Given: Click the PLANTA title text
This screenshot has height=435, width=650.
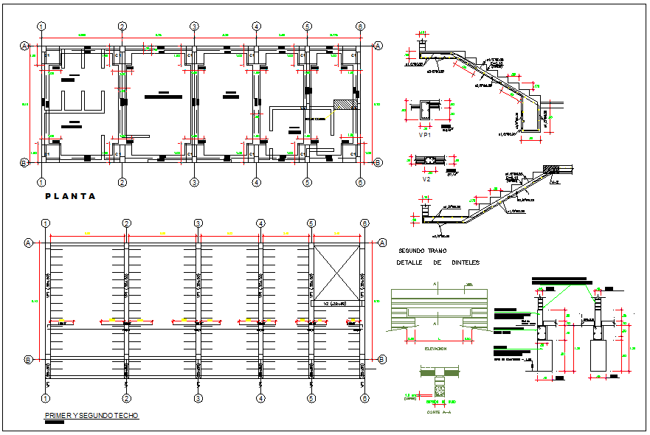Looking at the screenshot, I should click(x=71, y=196).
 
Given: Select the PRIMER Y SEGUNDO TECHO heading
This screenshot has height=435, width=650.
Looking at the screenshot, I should click(x=91, y=416).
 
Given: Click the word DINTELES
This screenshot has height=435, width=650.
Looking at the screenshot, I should click(x=466, y=262).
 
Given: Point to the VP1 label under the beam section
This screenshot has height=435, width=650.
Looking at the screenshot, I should click(x=424, y=136).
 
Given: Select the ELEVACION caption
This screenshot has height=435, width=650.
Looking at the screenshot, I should click(x=435, y=349).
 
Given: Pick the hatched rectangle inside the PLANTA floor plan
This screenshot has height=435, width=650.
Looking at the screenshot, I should click(x=342, y=105).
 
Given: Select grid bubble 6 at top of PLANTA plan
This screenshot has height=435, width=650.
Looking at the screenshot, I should click(x=360, y=27).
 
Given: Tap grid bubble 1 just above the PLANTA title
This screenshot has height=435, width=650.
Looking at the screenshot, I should click(x=42, y=182).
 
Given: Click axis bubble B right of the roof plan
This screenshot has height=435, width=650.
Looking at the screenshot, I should click(x=382, y=359).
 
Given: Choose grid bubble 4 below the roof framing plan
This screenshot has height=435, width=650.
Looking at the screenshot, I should click(x=260, y=398).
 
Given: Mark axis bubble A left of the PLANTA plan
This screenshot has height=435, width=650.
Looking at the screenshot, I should click(x=24, y=46).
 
